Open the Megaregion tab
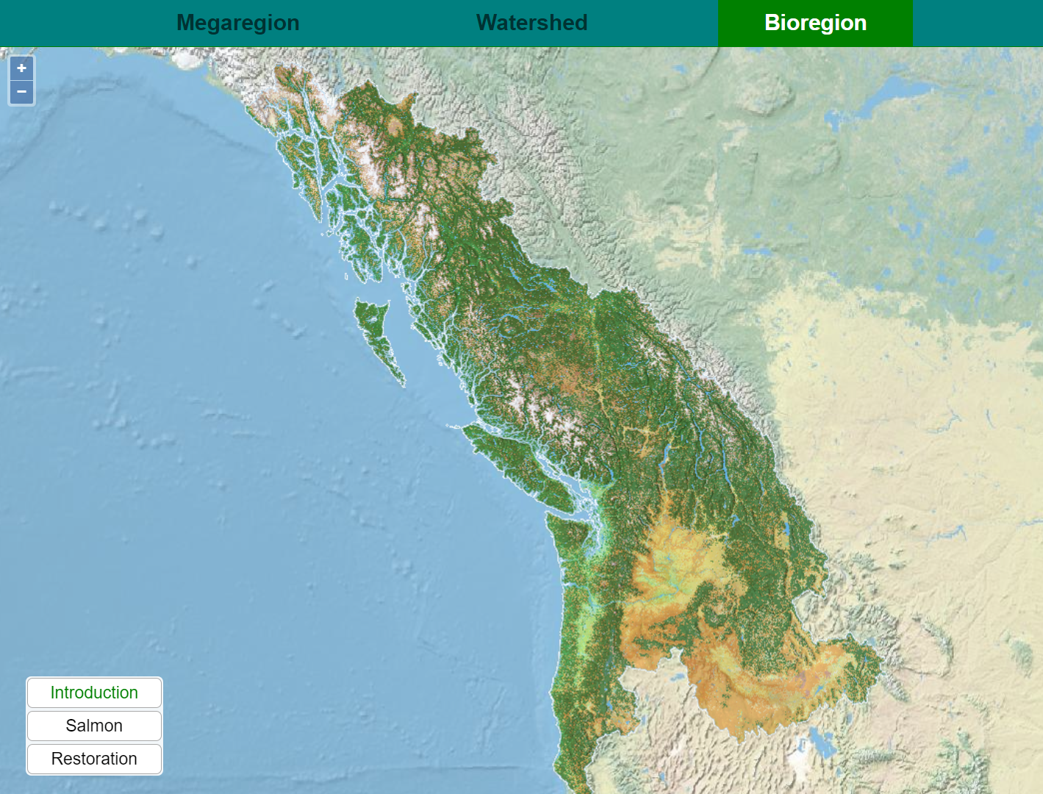(237, 23)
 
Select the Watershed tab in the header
(531, 23)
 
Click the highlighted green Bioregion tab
(815, 23)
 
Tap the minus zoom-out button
(21, 92)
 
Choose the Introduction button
(94, 693)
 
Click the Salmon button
(94, 726)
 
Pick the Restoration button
(94, 759)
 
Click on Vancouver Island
(515, 463)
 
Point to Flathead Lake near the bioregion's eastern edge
(786, 529)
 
